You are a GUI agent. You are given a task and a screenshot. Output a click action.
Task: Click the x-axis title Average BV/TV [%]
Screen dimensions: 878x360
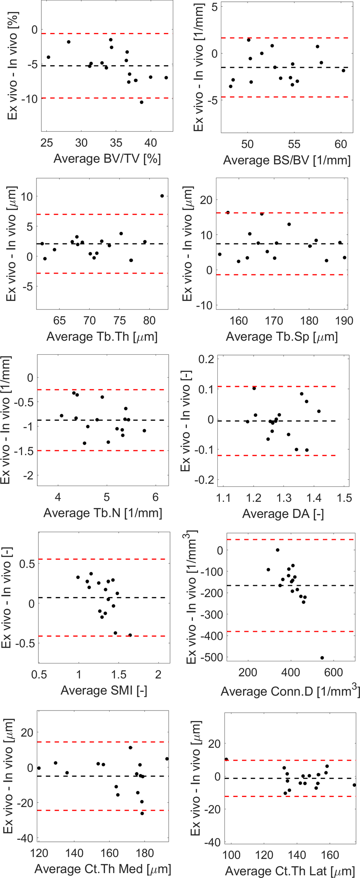click(107, 159)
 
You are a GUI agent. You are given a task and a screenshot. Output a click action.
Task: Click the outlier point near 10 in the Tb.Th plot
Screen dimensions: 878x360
click(162, 196)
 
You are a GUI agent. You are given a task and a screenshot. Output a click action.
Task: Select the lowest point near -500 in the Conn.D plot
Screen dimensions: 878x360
click(322, 658)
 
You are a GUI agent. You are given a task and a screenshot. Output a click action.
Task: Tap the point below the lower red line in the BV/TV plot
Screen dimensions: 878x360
click(142, 102)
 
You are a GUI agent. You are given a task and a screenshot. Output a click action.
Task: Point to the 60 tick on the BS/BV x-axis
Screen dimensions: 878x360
click(341, 144)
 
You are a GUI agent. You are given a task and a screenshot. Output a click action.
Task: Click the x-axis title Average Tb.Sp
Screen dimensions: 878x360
click(282, 336)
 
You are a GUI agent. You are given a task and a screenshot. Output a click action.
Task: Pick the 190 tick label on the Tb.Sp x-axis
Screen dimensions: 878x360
click(344, 321)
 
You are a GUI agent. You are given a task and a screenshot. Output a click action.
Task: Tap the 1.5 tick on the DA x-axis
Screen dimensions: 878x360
click(344, 498)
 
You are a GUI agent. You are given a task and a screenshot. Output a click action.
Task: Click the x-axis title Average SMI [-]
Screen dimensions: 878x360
click(104, 690)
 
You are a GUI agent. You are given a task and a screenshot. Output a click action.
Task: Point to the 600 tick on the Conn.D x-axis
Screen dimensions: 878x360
click(333, 672)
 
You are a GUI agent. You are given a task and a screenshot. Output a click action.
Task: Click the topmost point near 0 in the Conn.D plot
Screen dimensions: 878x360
click(277, 550)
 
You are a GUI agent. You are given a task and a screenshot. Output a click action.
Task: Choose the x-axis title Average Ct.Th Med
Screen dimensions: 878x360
click(103, 869)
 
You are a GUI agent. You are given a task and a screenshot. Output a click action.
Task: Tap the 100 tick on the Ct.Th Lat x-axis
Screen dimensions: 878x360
click(231, 855)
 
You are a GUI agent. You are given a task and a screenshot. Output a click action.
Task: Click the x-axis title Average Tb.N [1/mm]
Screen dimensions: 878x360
click(103, 513)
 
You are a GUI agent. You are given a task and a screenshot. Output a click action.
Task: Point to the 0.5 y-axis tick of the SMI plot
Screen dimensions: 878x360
click(27, 564)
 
